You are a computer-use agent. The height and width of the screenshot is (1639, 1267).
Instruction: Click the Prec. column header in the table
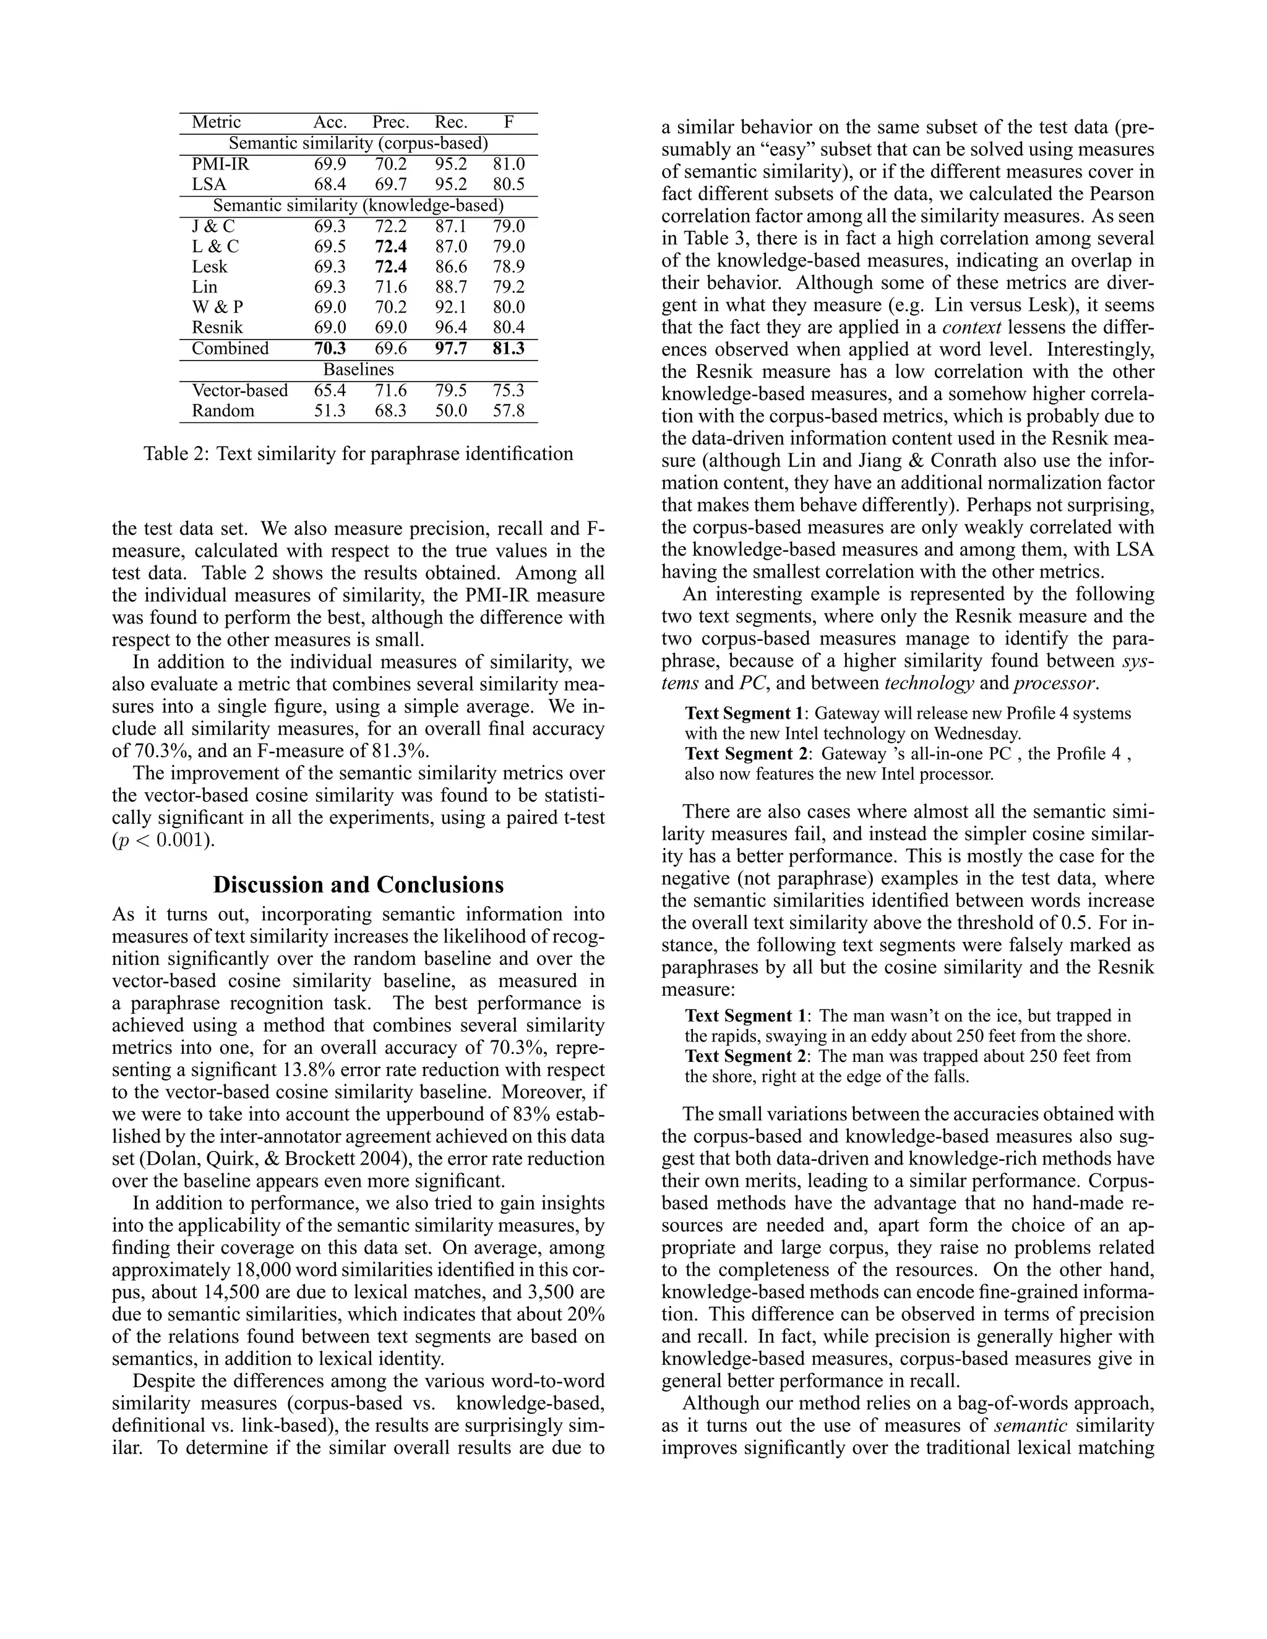(390, 122)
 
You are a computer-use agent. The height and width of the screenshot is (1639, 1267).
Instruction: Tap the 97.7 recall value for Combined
(450, 348)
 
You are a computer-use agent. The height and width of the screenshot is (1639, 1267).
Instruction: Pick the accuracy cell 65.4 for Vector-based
(330, 390)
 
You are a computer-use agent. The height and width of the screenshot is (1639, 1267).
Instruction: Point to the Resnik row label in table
(212, 327)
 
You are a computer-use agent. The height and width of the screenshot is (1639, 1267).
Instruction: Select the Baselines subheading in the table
(358, 369)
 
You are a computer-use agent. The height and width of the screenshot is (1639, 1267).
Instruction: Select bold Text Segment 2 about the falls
(746, 1056)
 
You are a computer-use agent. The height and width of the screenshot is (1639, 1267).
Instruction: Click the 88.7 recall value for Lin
(450, 287)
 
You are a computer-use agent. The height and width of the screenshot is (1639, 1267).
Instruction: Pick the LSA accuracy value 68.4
(330, 184)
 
